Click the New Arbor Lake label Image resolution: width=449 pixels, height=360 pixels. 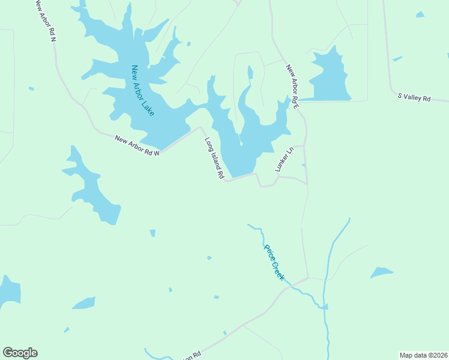[143, 90]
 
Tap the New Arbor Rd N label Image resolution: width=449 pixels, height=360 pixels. [44, 20]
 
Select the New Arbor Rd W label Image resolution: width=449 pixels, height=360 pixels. [137, 145]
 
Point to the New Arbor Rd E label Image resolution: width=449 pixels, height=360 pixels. [292, 86]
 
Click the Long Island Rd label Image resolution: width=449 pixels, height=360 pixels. [214, 159]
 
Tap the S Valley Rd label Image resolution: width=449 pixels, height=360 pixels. [414, 97]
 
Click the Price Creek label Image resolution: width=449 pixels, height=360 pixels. [274, 262]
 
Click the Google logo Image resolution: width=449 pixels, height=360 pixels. [20, 353]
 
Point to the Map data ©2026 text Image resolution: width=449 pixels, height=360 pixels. [423, 355]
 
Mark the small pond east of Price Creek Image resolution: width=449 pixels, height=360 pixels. [381, 273]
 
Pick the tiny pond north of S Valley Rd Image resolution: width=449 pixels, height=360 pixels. [397, 59]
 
